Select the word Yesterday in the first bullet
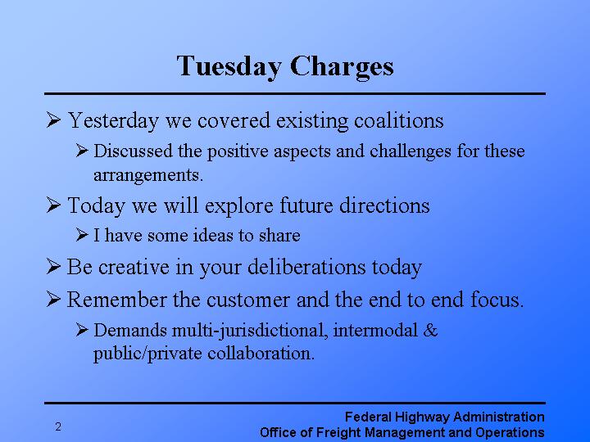click(114, 121)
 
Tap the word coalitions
click(399, 121)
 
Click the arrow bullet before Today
click(54, 205)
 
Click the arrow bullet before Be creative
click(54, 267)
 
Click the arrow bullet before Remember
click(54, 300)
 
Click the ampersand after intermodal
click(432, 331)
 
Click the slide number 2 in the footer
click(58, 426)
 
